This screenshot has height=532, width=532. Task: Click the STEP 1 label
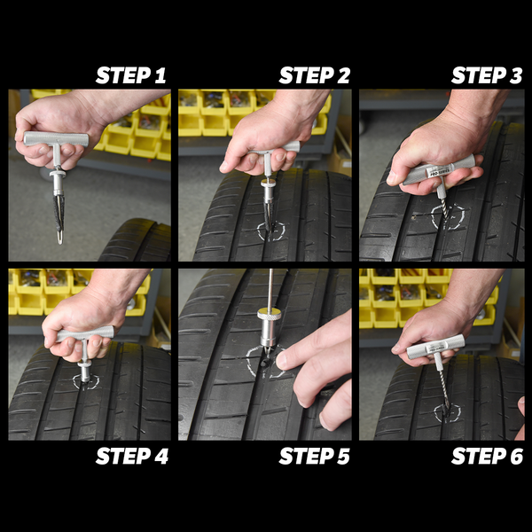131,75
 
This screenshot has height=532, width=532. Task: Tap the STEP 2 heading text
314,75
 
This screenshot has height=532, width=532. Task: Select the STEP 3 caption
487,75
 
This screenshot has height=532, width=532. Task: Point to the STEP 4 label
132,456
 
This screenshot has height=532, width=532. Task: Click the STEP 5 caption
314,456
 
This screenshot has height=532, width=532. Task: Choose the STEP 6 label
487,456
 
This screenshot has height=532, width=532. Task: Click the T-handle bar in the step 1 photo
56,139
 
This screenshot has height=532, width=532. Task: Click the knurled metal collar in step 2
268,184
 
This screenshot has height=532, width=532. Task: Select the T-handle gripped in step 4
85,333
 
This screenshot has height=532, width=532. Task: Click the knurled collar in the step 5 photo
269,314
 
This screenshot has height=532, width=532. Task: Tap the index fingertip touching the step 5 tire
282,360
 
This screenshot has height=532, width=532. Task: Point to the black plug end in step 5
263,363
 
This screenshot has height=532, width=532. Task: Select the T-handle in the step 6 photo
435,347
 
